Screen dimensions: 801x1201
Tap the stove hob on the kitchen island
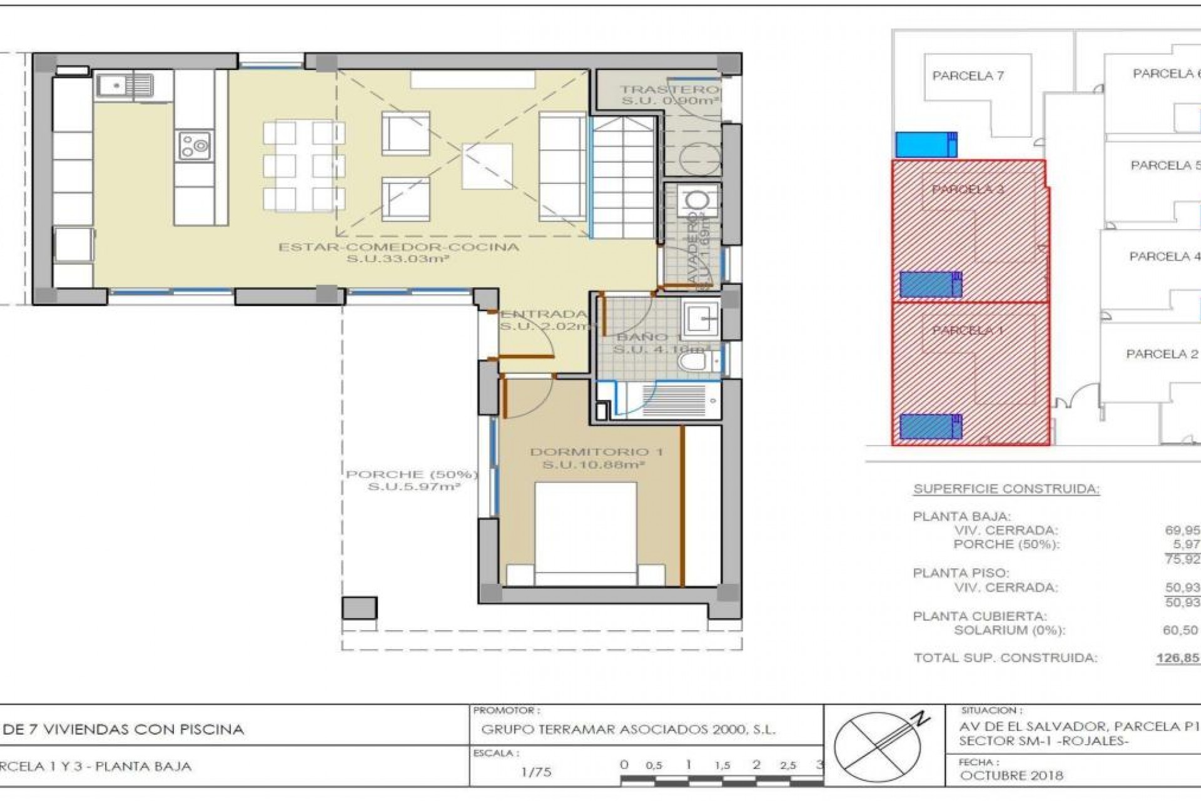pyautogui.click(x=195, y=146)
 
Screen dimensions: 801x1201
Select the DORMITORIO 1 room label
pyautogui.click(x=596, y=452)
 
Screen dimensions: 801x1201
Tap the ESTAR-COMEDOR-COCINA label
pyautogui.click(x=398, y=247)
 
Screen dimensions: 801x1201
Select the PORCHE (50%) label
pyautogui.click(x=412, y=474)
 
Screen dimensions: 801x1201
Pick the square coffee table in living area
pyautogui.click(x=487, y=165)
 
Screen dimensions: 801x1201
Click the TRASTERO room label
pyautogui.click(x=668, y=89)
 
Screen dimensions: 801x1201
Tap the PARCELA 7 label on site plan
pyautogui.click(x=968, y=76)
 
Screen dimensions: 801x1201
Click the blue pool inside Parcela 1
pyautogui.click(x=930, y=427)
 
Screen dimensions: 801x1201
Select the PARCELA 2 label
pyautogui.click(x=1162, y=354)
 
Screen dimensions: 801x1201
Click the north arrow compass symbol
pyautogui.click(x=878, y=746)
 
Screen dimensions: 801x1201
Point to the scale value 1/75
pyautogui.click(x=536, y=772)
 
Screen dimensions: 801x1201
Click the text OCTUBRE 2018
pyautogui.click(x=1011, y=775)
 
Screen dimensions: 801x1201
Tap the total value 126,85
pyautogui.click(x=1178, y=658)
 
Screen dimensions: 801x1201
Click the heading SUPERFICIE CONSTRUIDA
pyautogui.click(x=1006, y=489)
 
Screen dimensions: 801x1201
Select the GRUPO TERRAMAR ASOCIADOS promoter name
pyautogui.click(x=628, y=730)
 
